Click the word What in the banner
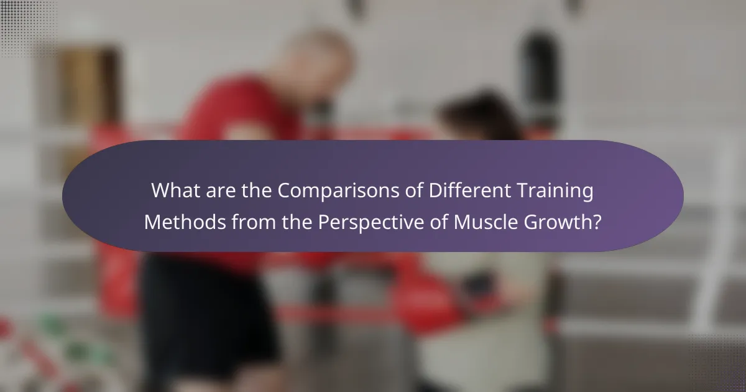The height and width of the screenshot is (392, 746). [x=175, y=191]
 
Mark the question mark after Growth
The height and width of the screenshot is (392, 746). [x=597, y=222]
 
